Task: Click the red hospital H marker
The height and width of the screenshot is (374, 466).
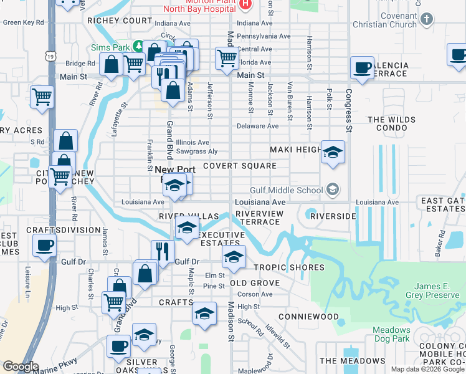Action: tap(245, 4)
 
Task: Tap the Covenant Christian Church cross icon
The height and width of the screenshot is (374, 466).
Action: tap(427, 19)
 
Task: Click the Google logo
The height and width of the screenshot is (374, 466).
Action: tap(21, 367)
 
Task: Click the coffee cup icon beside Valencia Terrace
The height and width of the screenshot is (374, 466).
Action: tap(361, 68)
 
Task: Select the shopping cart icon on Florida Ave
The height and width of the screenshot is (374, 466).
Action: tap(227, 59)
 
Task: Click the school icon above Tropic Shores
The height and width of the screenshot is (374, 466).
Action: tap(233, 256)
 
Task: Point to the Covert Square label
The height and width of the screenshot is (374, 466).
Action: tap(239, 166)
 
